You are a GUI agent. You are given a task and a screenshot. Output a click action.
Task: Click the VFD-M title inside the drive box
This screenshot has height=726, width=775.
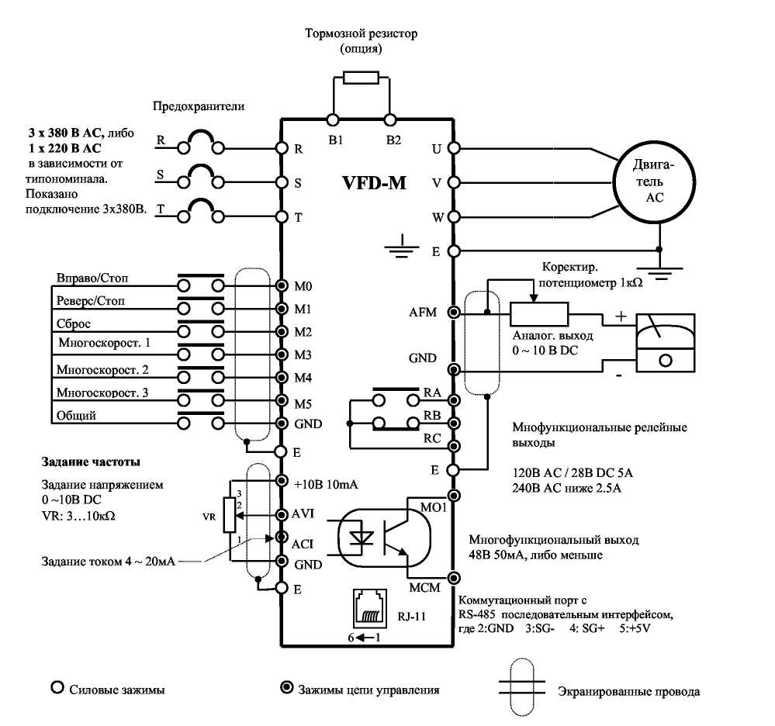374,183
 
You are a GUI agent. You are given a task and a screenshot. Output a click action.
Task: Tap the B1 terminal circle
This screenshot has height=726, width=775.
334,119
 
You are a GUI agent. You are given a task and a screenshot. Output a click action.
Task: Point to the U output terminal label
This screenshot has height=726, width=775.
436,148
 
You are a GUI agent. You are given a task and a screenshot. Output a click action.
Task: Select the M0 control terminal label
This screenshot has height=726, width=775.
303,286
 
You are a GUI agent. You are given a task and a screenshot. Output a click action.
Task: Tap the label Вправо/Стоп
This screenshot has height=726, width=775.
93,277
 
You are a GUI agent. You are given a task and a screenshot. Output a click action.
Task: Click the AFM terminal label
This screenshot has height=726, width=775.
423,313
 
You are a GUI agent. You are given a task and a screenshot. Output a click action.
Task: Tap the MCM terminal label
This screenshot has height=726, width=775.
424,588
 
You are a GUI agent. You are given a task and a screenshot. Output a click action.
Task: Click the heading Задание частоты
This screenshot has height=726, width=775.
91,463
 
